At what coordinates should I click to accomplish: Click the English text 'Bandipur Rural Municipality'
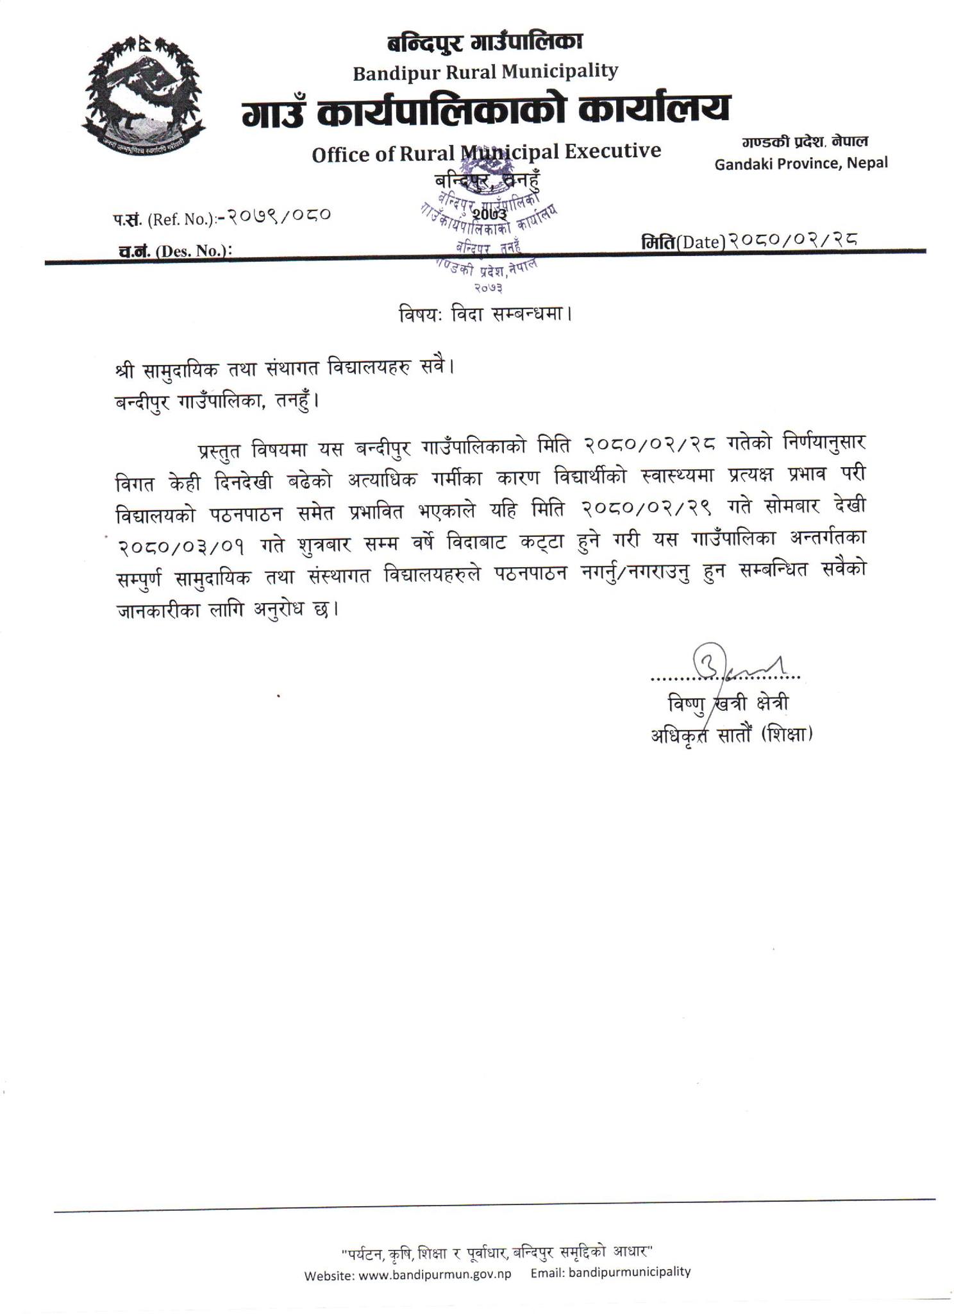click(x=485, y=71)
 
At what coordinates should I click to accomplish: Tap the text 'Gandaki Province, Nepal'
click(x=801, y=163)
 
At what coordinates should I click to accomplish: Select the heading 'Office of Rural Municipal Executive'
click(x=486, y=152)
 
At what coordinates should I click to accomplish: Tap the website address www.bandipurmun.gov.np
click(x=435, y=1274)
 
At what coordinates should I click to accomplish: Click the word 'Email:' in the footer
click(x=547, y=1273)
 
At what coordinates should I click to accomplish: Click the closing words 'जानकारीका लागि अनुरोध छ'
click(x=226, y=610)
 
